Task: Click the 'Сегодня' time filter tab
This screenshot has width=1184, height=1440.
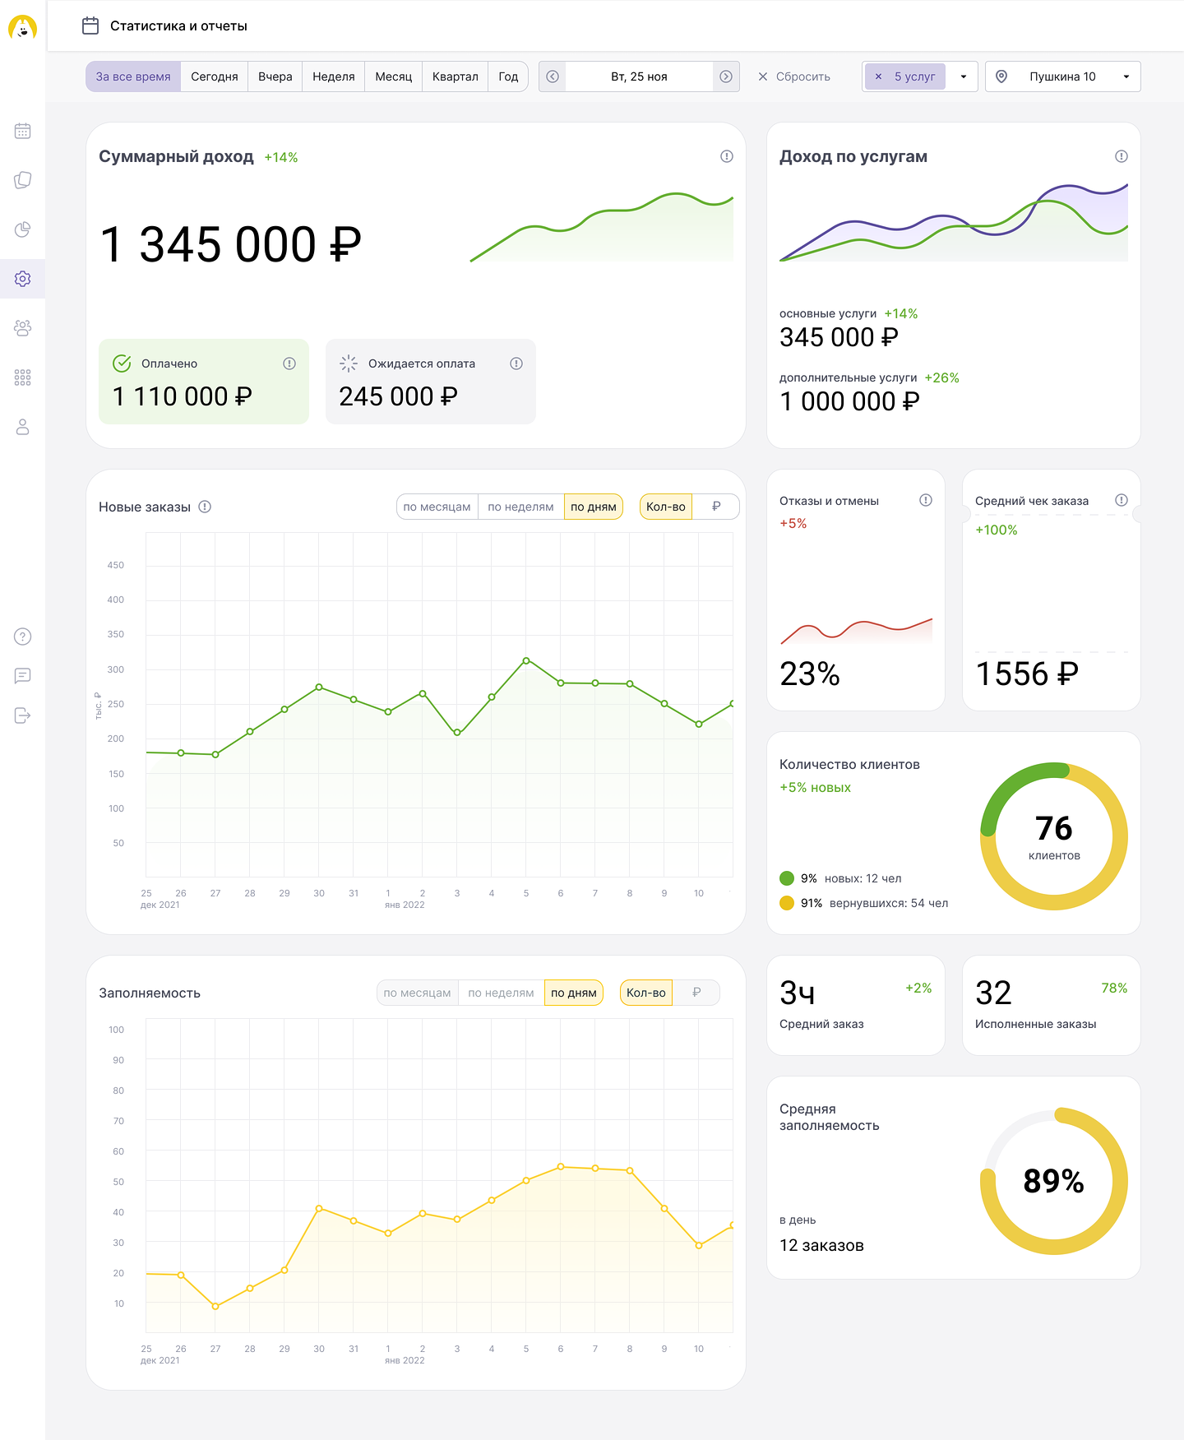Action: pyautogui.click(x=214, y=76)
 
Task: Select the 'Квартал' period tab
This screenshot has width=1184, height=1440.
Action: pyautogui.click(x=455, y=76)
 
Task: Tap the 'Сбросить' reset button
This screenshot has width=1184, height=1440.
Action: pyautogui.click(x=794, y=76)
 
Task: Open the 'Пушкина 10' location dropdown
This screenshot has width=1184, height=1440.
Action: pyautogui.click(x=1062, y=76)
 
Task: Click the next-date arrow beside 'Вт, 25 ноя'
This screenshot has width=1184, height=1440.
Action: pyautogui.click(x=726, y=76)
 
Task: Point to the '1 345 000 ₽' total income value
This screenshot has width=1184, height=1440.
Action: pyautogui.click(x=230, y=244)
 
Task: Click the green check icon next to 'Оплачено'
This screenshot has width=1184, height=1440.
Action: pyautogui.click(x=122, y=363)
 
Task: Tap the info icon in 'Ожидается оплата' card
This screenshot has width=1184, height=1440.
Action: pyautogui.click(x=516, y=363)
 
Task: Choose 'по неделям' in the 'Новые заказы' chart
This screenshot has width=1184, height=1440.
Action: pyautogui.click(x=520, y=507)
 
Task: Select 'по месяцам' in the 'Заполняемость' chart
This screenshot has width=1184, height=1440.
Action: pyautogui.click(x=417, y=993)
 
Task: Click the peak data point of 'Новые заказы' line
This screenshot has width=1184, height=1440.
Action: pyautogui.click(x=526, y=660)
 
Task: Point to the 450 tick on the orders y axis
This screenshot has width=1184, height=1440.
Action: pyautogui.click(x=116, y=565)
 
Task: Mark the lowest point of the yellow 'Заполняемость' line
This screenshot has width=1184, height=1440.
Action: pyautogui.click(x=215, y=1306)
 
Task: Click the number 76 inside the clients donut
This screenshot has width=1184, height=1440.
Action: pyautogui.click(x=1053, y=828)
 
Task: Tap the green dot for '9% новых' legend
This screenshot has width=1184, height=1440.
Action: pyautogui.click(x=787, y=878)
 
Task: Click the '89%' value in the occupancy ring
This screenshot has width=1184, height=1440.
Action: pyautogui.click(x=1053, y=1181)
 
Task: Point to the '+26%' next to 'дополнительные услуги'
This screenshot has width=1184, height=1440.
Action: pyautogui.click(x=941, y=377)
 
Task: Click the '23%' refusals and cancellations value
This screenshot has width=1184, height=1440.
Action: pyautogui.click(x=810, y=674)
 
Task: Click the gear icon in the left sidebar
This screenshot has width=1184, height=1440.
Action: pyautogui.click(x=23, y=279)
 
